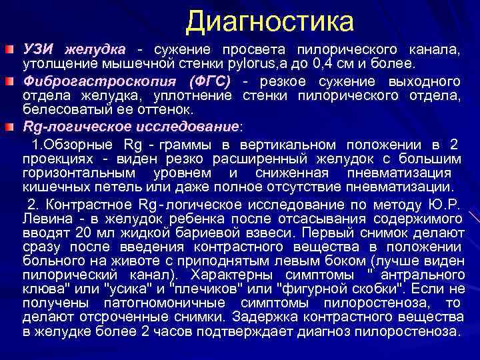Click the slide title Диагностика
point(269,21)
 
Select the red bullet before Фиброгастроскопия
point(9,81)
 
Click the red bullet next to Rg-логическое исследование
point(9,126)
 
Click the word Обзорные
point(79,145)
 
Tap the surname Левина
point(47,219)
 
